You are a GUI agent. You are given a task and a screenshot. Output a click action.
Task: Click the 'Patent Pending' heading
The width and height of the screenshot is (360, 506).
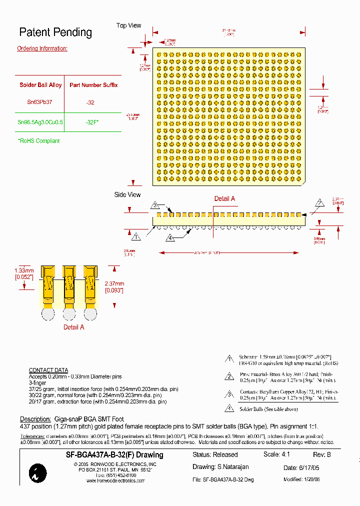coord(55,32)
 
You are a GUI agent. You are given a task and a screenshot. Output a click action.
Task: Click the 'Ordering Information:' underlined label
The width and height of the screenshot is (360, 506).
coord(42,48)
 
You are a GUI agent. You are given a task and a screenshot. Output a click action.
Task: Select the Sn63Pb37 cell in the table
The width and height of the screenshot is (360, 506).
coord(39,102)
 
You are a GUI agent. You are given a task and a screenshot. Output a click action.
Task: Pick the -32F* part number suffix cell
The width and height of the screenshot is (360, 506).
coord(92,122)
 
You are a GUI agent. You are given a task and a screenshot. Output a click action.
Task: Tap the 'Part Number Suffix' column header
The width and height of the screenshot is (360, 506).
coord(93,85)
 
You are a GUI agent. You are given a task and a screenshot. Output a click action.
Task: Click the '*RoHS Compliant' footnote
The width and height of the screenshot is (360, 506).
coord(38,141)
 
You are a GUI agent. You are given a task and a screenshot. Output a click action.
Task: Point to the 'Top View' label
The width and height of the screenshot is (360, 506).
coord(128,25)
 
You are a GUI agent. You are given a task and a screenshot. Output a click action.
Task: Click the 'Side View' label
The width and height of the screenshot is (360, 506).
coord(127,194)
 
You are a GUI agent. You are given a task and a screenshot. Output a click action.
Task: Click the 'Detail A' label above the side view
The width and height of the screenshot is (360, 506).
coord(224,198)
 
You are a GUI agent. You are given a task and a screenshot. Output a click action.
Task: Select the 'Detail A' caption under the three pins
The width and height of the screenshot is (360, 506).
coord(73,327)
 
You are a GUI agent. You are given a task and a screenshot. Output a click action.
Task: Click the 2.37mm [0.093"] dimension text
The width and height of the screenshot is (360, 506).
coord(114,286)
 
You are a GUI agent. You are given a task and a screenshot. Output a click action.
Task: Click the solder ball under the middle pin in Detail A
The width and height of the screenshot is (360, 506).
coord(69,313)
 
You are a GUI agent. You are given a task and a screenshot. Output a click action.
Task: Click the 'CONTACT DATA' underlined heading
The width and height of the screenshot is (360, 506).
coord(48,370)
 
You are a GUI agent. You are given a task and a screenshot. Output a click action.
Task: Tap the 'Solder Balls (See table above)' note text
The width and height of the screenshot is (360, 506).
coord(268,409)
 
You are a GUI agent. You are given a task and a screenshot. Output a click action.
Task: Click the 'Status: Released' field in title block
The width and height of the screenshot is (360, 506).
coord(215,454)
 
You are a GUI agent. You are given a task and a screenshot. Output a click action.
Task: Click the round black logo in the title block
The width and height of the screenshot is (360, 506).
coord(38,472)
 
